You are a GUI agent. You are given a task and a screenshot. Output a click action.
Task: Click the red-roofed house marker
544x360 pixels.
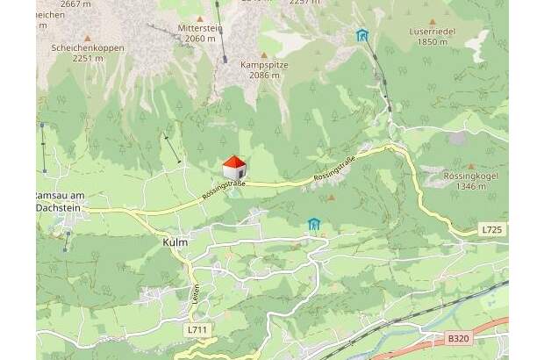[x=234, y=167]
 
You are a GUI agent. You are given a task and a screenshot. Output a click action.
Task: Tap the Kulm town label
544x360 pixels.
[x=175, y=241]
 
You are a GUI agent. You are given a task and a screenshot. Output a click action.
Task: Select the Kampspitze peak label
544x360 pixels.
[x=264, y=65]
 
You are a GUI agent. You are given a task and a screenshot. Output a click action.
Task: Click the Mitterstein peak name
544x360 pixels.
[x=200, y=28]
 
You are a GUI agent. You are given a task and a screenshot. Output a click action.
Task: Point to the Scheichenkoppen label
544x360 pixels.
[x=87, y=48]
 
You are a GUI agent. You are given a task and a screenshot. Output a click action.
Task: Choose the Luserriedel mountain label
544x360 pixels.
[x=433, y=31]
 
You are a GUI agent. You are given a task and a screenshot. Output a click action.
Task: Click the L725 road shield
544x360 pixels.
[x=493, y=230]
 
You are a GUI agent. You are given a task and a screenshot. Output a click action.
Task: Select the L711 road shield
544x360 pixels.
[x=197, y=330]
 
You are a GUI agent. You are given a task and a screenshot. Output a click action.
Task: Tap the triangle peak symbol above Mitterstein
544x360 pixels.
[x=200, y=18]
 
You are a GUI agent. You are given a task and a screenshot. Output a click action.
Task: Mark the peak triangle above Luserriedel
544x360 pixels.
[x=432, y=21]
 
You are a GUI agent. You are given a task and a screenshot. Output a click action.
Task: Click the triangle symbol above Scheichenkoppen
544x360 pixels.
[x=87, y=38]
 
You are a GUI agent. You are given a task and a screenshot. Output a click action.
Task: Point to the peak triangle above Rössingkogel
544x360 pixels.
[x=471, y=165]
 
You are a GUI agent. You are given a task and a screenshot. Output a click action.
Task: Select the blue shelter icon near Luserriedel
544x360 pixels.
[x=362, y=35]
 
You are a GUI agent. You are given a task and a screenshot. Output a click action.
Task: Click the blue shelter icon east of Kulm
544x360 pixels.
[x=314, y=225]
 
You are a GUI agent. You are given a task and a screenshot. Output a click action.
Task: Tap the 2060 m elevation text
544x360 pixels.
[x=200, y=39]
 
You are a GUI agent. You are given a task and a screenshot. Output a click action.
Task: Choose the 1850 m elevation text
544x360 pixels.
[x=433, y=41]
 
